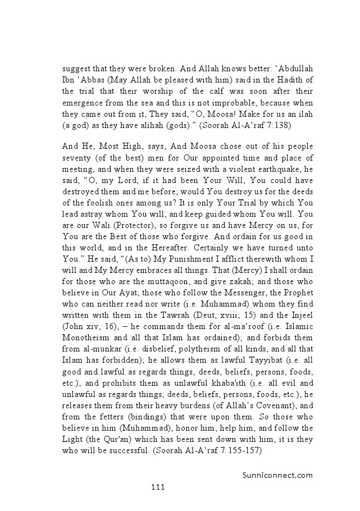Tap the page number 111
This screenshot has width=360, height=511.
tap(158, 487)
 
